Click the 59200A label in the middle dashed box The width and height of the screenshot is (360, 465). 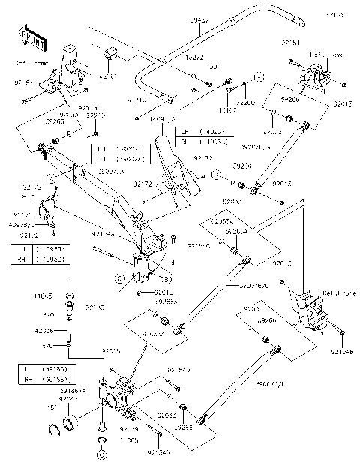coord(238,233)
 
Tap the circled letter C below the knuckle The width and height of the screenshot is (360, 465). coord(101,454)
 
